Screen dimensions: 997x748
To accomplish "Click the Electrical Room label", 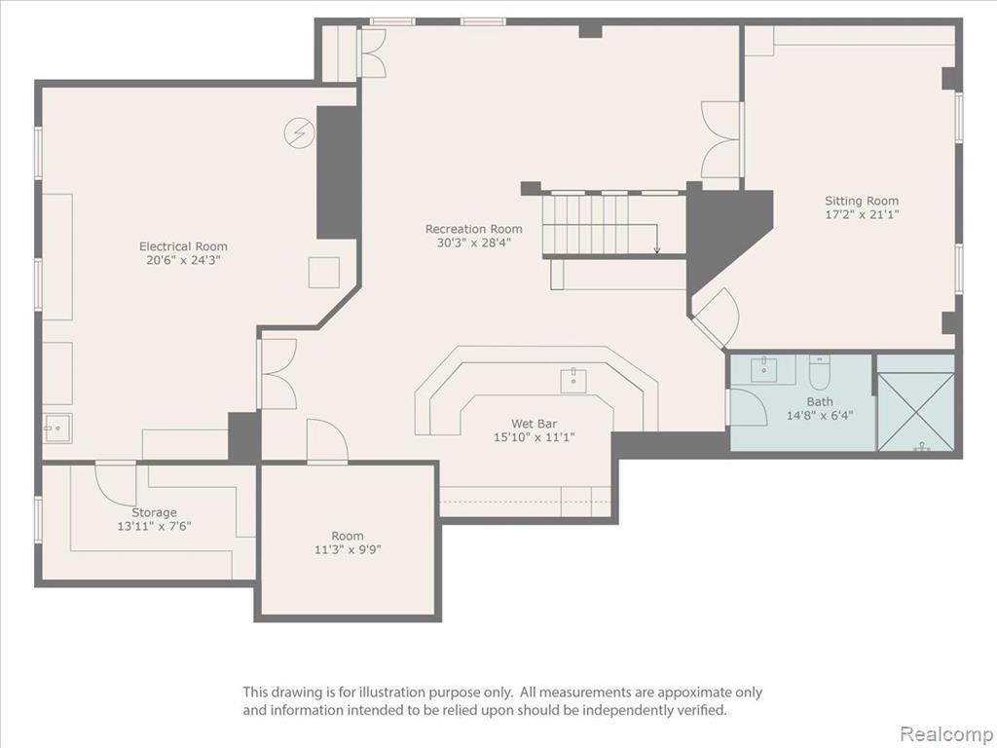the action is pos(183,246).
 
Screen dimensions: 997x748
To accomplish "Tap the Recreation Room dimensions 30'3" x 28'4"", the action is pos(474,243).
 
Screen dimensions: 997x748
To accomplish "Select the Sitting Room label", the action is pos(862,201).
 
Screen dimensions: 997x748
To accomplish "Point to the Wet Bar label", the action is pos(535,424).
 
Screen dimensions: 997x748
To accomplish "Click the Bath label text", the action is pos(820,401).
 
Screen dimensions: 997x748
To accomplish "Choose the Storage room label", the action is pos(154,512).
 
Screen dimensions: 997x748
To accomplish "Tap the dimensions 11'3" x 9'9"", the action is pos(348,549).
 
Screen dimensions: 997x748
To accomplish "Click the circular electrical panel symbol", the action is pos(299,133).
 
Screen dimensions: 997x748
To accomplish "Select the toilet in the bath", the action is pos(818,374).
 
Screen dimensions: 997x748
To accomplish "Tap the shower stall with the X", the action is pos(915,412).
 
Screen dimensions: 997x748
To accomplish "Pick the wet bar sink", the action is pos(573,381).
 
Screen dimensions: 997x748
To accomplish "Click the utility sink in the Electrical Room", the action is pos(57,429).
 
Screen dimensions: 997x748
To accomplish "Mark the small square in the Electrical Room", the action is pos(324,273).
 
